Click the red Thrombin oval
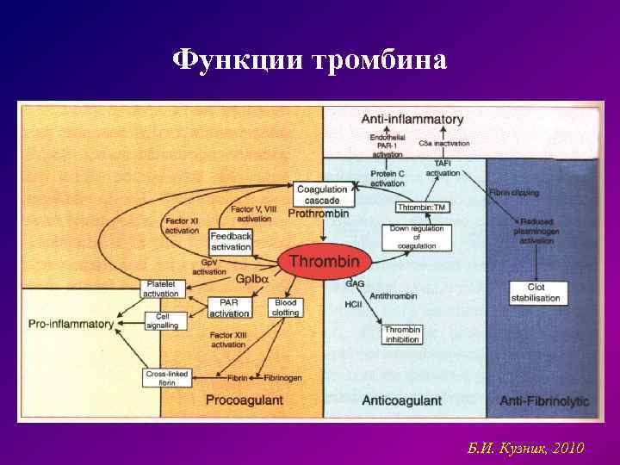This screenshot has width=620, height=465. (324, 261)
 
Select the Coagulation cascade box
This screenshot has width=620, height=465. (320, 195)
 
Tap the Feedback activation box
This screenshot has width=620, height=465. (231, 242)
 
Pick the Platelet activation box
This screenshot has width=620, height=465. (161, 288)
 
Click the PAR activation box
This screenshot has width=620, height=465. (229, 308)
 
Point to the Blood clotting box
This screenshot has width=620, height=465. (285, 308)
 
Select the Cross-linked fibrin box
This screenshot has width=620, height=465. (167, 377)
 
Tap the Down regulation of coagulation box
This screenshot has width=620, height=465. (417, 238)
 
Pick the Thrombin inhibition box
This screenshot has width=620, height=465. (402, 335)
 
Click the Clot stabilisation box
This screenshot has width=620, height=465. (537, 293)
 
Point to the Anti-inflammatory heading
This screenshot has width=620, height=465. (412, 120)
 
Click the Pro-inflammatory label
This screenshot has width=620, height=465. (71, 324)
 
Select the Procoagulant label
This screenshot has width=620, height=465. (245, 400)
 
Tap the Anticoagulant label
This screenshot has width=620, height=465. (401, 400)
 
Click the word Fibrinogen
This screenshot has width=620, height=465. (282, 377)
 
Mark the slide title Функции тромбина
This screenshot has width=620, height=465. (310, 60)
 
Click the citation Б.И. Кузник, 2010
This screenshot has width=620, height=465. (525, 449)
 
